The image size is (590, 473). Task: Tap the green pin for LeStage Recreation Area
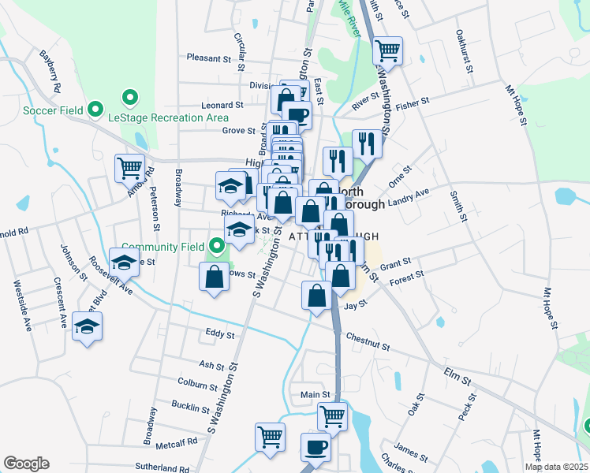130,99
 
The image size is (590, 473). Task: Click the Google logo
26,464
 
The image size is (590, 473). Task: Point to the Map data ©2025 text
556,467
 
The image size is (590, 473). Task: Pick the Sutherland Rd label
162,468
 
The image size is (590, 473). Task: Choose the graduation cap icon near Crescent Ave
87,326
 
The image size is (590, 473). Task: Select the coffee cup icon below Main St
316,446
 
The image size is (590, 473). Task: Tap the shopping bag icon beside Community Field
215,277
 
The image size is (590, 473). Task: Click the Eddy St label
219,335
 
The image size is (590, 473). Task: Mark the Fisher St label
412,102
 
